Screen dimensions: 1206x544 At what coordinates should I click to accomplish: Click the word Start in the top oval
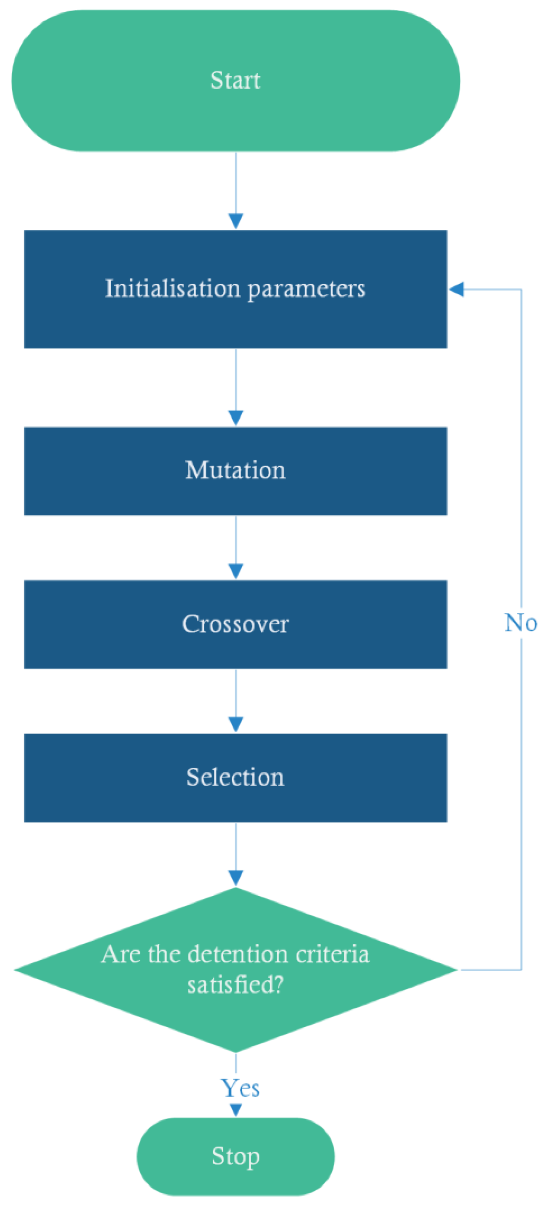click(x=235, y=80)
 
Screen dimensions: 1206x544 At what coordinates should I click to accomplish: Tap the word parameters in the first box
click(x=306, y=290)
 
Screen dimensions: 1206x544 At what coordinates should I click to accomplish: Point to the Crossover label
click(x=235, y=624)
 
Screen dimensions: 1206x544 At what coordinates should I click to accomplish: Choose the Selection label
click(x=235, y=777)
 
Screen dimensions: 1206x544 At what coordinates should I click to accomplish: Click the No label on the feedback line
click(x=520, y=623)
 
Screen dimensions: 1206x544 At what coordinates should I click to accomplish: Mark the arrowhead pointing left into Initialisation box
click(x=457, y=289)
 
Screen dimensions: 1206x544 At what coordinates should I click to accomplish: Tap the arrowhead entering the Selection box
click(x=236, y=724)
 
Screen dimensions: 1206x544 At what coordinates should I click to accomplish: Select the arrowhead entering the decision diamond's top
click(x=236, y=878)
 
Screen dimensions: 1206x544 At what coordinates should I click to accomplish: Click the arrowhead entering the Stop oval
click(x=236, y=1110)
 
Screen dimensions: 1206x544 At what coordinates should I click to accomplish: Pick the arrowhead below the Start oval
click(x=236, y=221)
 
